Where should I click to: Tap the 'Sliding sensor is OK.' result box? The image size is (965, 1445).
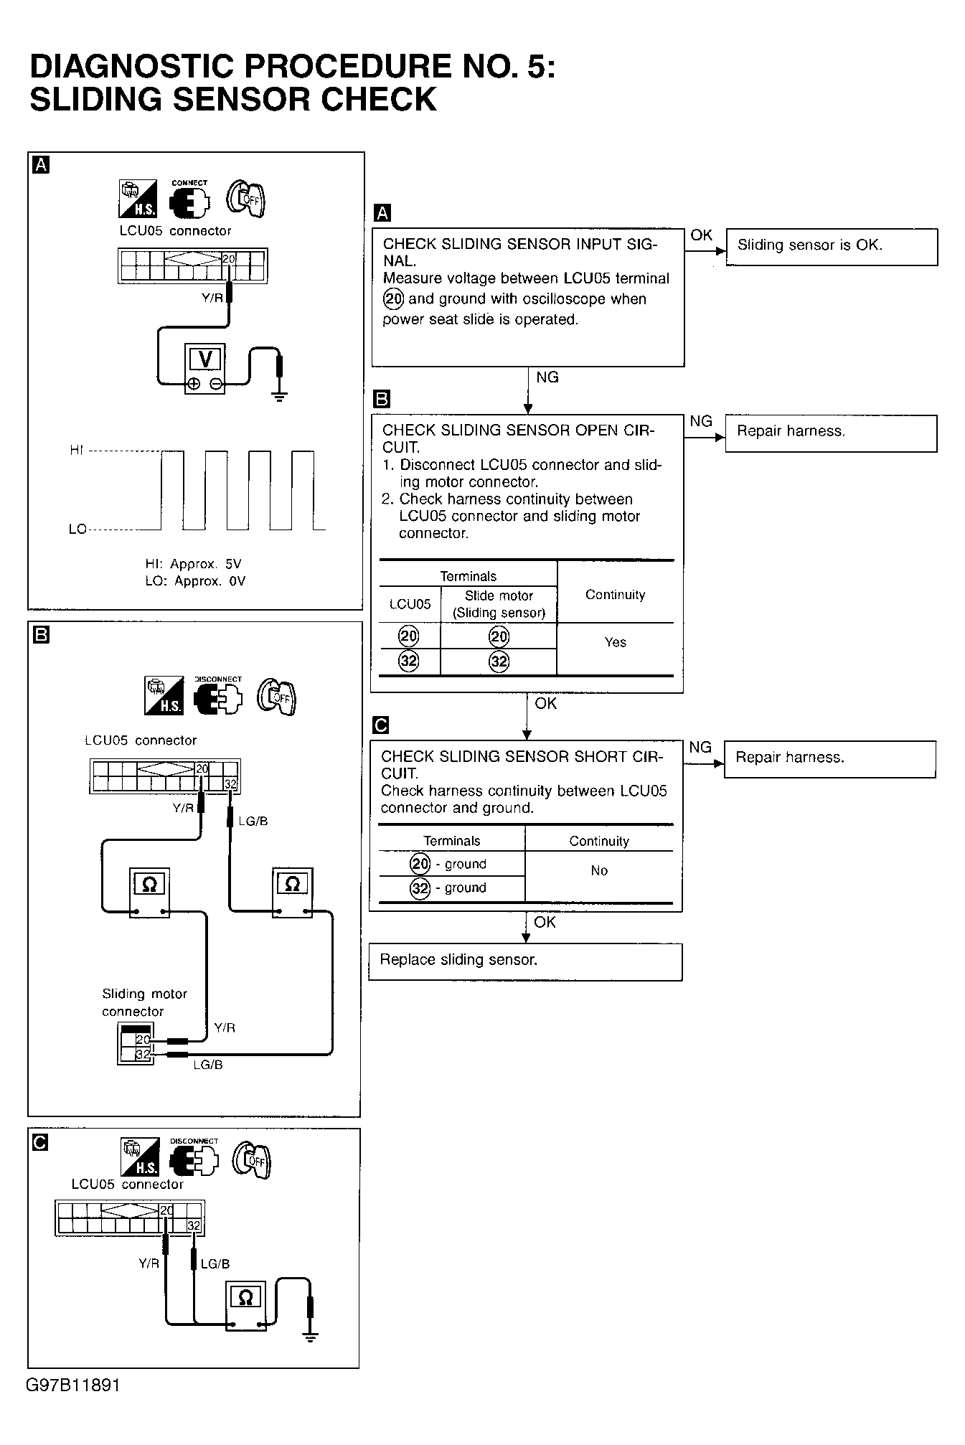click(x=832, y=246)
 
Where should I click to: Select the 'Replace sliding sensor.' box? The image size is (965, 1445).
click(x=525, y=961)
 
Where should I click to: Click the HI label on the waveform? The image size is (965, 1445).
click(x=77, y=451)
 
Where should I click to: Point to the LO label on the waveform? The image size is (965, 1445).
click(x=77, y=529)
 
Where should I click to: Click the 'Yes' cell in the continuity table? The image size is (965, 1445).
click(x=615, y=643)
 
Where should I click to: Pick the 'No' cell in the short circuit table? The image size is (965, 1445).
click(x=599, y=871)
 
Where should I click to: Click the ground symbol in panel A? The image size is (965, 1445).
click(x=280, y=396)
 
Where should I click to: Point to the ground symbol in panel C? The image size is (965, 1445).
click(x=311, y=1336)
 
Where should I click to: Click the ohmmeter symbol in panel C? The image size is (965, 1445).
click(x=245, y=1297)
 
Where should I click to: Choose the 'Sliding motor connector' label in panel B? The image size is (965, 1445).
click(x=143, y=1002)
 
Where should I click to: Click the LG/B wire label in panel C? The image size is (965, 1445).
click(x=215, y=1263)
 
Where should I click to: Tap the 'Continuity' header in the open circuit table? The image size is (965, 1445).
click(x=615, y=595)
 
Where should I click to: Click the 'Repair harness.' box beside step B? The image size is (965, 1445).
click(x=831, y=433)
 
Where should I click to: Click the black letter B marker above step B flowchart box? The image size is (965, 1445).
click(x=382, y=400)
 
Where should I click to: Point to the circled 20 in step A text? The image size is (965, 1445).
click(x=394, y=299)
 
